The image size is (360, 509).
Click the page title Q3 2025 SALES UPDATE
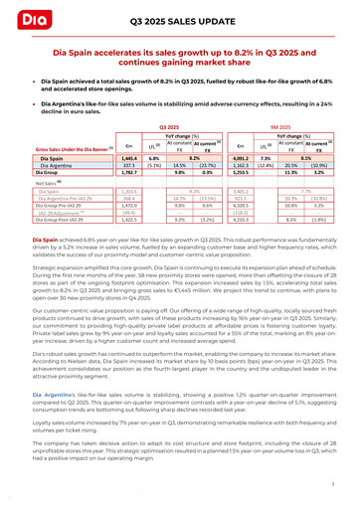179,20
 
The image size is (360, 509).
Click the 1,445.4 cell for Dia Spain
128,157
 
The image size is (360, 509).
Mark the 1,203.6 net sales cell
128,189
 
